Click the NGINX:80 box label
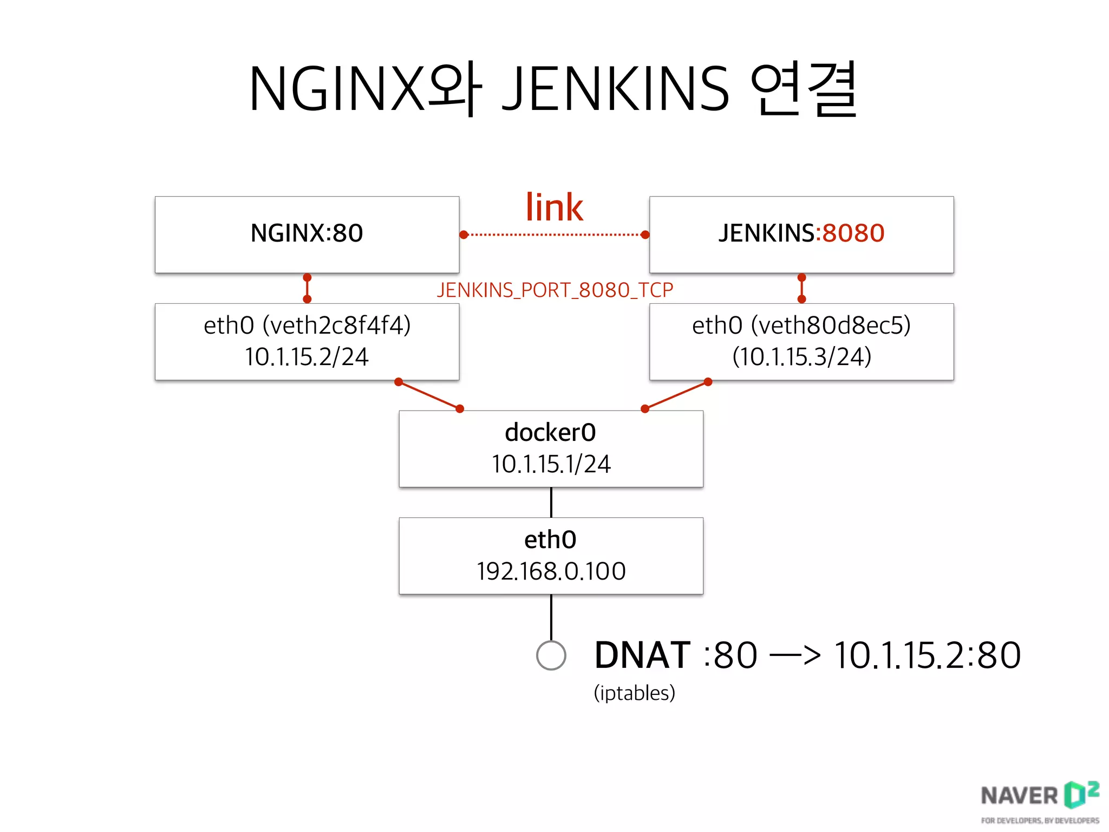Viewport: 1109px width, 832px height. click(x=306, y=233)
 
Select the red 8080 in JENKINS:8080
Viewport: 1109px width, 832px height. click(x=853, y=233)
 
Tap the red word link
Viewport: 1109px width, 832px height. click(x=554, y=207)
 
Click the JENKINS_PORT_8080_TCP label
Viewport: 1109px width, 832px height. click(x=554, y=290)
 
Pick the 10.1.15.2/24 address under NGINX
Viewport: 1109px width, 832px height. click(x=306, y=357)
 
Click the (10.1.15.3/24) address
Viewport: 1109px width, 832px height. click(x=801, y=357)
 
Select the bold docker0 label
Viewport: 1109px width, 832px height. click(x=550, y=432)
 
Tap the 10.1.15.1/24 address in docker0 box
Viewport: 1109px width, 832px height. click(x=551, y=464)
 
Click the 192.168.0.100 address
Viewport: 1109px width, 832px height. click(x=551, y=571)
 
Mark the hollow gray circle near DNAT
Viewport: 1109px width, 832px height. click(x=551, y=655)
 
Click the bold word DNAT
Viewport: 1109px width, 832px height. click(x=642, y=655)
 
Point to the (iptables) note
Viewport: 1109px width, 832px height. click(x=634, y=693)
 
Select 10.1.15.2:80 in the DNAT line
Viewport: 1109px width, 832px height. click(x=927, y=655)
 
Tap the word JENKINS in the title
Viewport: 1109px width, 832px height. click(x=616, y=89)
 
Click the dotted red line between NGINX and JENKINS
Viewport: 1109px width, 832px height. click(x=554, y=235)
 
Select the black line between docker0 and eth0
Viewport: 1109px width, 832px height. click(x=551, y=502)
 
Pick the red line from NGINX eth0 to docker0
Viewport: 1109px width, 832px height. click(x=429, y=395)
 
